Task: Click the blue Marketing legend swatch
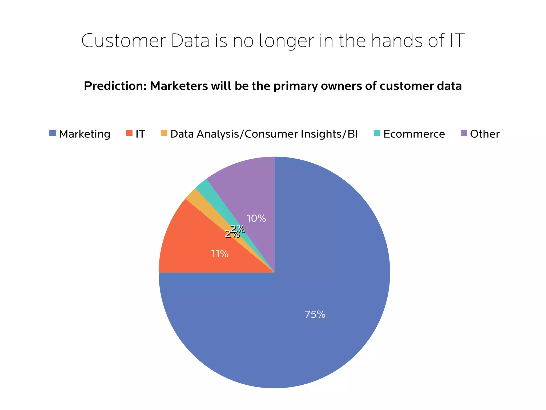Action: (x=53, y=133)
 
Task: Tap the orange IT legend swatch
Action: (x=129, y=133)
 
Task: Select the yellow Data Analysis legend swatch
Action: (x=164, y=133)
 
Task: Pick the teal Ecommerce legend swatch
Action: (x=377, y=133)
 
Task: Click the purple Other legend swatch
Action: (x=464, y=133)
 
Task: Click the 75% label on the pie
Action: (x=315, y=314)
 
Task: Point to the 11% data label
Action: (x=220, y=254)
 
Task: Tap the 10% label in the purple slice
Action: (x=256, y=218)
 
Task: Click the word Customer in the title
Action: (x=123, y=41)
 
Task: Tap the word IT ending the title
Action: (x=457, y=41)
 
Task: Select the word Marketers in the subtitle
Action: (x=179, y=86)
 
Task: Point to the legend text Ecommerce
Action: (x=414, y=134)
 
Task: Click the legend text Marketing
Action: (x=85, y=134)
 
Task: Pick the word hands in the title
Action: (x=397, y=41)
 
